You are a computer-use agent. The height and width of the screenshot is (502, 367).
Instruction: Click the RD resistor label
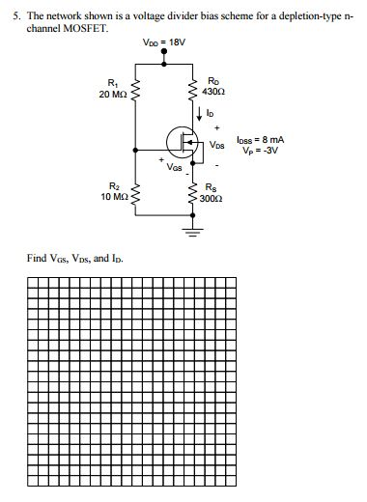tap(214, 79)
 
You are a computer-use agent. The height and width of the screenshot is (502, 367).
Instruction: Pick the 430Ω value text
tap(214, 90)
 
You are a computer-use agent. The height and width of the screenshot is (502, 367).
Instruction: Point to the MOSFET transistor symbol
tap(183, 143)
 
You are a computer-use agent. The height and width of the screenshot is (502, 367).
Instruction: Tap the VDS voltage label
tap(216, 145)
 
